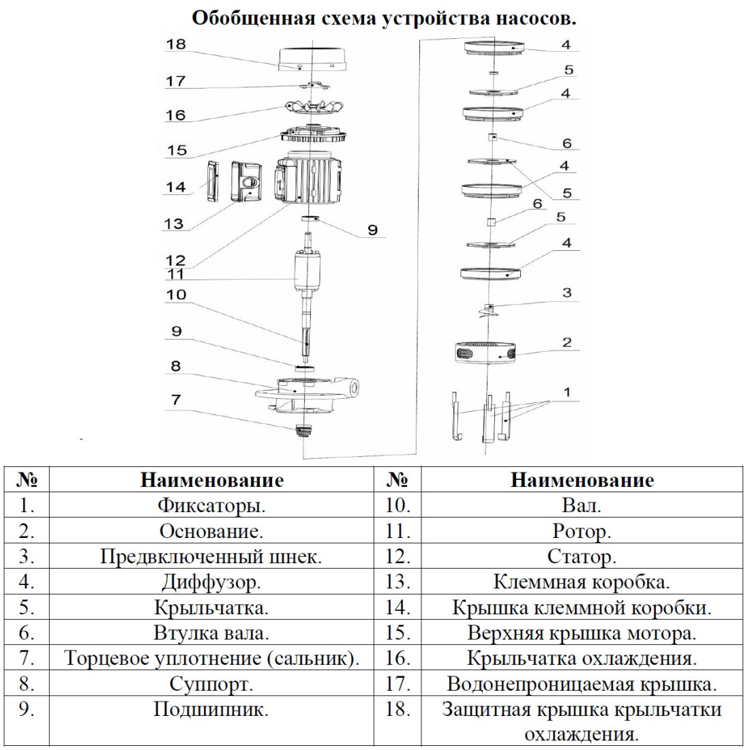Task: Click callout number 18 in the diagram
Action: point(175,44)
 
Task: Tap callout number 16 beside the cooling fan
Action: point(175,115)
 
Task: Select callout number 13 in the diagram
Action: point(174,224)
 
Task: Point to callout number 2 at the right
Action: point(567,342)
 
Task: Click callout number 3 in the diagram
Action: point(567,292)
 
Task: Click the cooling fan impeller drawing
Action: point(314,110)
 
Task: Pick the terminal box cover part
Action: point(212,181)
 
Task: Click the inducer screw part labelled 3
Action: point(488,310)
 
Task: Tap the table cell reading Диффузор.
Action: point(211,582)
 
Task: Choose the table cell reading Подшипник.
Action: point(211,709)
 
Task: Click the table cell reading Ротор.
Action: point(582,531)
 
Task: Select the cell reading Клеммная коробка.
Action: point(582,582)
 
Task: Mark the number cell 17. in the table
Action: point(398,683)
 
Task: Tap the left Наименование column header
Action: point(212,480)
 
